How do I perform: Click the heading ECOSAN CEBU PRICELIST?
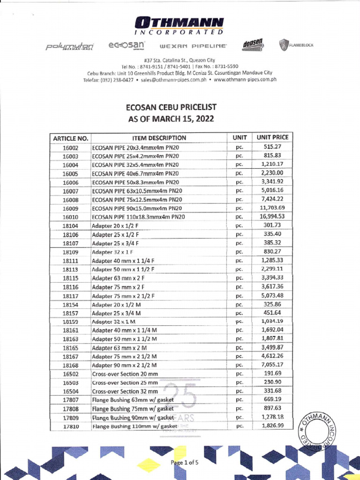pyautogui.click(x=171, y=107)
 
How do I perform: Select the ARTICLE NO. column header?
pyautogui.click(x=70, y=138)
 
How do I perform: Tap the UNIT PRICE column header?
pyautogui.click(x=272, y=138)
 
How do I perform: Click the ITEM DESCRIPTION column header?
pyautogui.click(x=159, y=138)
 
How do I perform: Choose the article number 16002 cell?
pyautogui.click(x=70, y=148)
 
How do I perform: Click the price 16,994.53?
pyautogui.click(x=272, y=217)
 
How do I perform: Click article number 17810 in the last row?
pyautogui.click(x=70, y=427)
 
